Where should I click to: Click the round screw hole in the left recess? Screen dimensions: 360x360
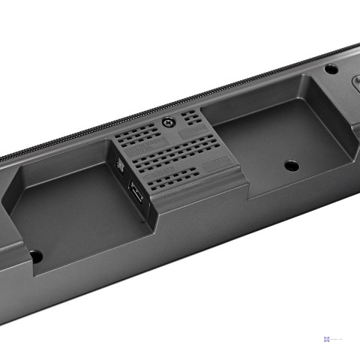[x=35, y=256]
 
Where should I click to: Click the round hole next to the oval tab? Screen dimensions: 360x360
[x=330, y=69]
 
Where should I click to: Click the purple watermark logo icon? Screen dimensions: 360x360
[x=327, y=340]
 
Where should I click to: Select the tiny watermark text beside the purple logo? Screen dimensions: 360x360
[x=341, y=340]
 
